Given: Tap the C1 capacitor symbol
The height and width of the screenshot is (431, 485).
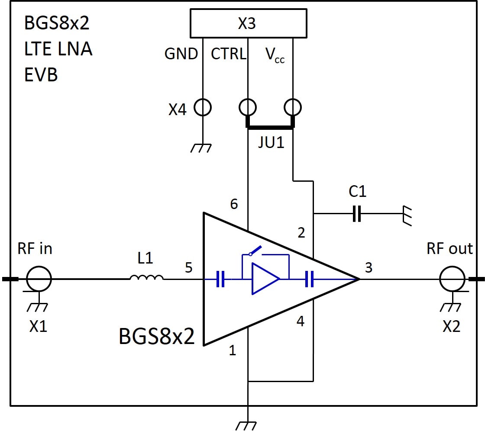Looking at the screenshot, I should point(357,213).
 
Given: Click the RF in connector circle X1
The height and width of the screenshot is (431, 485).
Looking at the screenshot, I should point(39,279).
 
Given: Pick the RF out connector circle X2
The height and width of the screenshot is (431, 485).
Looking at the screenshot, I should point(452,279).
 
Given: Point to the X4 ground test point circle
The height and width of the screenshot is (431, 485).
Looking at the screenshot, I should point(203,107).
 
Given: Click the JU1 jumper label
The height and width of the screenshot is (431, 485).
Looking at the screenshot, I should point(271,142).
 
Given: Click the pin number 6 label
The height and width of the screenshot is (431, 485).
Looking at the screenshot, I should point(234,204).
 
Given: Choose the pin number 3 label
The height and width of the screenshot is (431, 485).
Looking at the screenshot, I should point(369,268).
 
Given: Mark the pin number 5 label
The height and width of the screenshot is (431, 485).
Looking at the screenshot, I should point(189,268).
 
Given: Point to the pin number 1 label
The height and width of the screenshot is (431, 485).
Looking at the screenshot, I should point(233,351).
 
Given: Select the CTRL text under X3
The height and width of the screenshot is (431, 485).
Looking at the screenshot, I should point(228,54).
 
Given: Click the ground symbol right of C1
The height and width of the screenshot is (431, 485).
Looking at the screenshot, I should point(407,214).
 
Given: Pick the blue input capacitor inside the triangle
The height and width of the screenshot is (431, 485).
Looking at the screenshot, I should point(220,280).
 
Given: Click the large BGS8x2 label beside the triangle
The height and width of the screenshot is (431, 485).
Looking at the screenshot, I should point(157,337).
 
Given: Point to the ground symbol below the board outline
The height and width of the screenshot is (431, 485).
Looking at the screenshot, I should point(248,424).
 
